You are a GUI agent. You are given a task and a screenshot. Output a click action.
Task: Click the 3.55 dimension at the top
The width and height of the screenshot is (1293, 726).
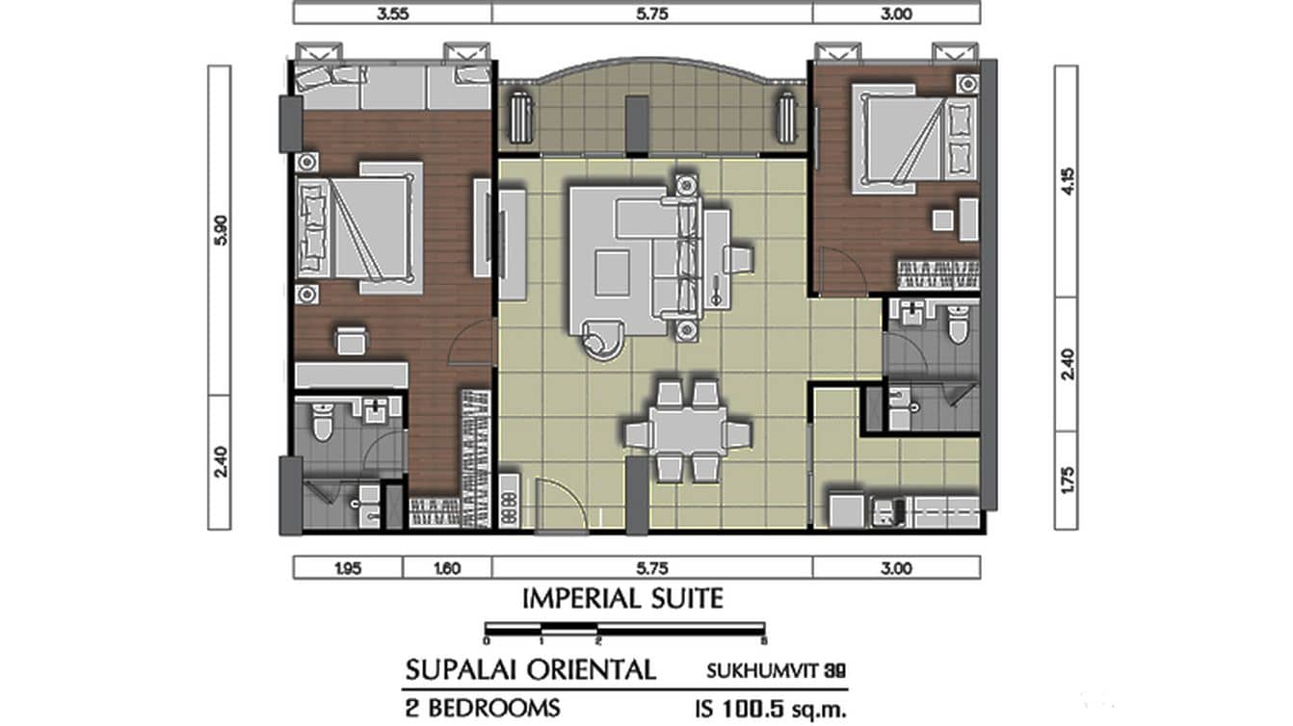coord(392,13)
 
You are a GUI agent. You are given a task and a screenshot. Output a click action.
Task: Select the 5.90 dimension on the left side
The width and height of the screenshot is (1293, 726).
coord(220,230)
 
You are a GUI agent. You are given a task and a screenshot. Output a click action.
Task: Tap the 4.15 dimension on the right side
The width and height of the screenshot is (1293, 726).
coord(1067,181)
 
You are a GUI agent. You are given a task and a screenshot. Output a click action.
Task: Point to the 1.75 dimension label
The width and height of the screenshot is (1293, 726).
coord(1067,480)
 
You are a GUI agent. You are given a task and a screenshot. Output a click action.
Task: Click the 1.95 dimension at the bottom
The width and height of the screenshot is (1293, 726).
coord(347,568)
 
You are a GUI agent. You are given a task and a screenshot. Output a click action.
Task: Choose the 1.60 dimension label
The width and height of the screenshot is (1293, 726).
coord(446,568)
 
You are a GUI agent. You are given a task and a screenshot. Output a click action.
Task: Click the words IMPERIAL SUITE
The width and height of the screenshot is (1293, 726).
coord(622,599)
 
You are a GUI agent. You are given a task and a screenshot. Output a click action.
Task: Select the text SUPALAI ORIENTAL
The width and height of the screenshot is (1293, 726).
coord(531,669)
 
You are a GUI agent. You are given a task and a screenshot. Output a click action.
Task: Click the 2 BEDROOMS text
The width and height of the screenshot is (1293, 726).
coord(483,709)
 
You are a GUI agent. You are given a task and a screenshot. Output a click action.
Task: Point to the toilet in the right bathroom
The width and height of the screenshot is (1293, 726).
coord(957,325)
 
